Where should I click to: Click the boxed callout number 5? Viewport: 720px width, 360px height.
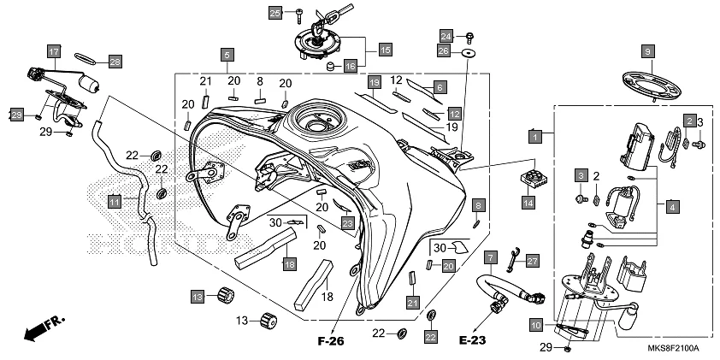pos(227,56)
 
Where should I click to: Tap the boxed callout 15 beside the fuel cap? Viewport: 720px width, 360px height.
pos(385,50)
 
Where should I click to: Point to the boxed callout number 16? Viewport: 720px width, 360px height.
pos(350,66)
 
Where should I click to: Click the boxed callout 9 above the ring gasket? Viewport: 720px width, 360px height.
pos(647,51)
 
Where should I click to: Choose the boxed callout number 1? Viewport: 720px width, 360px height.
pos(534,136)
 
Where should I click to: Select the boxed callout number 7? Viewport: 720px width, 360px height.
pos(490,257)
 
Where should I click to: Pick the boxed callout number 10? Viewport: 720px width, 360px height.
pos(536,324)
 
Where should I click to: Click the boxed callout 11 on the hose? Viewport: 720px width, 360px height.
pos(114,202)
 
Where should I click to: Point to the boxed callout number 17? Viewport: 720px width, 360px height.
pos(53,52)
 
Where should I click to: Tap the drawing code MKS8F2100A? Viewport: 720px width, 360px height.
pos(673,349)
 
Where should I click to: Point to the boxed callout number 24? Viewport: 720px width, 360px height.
pos(446,35)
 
